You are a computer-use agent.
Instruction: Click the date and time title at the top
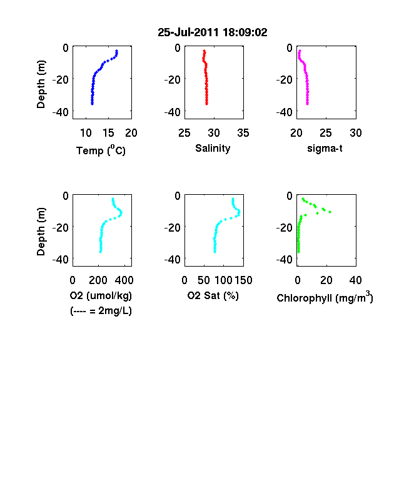tap(213, 32)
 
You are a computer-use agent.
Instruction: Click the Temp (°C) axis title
tap(101, 150)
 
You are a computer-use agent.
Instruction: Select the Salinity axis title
tap(213, 148)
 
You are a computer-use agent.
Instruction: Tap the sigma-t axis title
tap(325, 148)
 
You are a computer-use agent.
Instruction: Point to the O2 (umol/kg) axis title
tap(101, 295)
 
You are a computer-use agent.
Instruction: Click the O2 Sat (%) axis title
tap(213, 295)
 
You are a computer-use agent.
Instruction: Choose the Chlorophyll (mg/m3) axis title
tap(325, 297)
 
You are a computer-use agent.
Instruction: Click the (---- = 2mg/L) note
tap(101, 311)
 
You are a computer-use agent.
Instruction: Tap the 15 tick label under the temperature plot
tap(108, 133)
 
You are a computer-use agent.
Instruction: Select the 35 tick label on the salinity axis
tap(243, 133)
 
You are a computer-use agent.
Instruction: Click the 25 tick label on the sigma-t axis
tap(325, 133)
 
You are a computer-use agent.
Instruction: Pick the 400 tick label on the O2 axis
tap(124, 280)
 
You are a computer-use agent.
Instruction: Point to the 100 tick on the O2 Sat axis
tap(224, 280)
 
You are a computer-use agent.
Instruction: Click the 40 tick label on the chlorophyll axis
tap(355, 280)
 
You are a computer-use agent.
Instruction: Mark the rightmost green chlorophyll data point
tap(330, 212)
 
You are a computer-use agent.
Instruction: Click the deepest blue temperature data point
tap(92, 104)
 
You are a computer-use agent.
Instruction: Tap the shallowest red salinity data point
tap(204, 51)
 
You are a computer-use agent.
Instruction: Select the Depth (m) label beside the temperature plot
tap(41, 84)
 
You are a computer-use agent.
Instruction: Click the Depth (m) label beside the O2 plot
tap(41, 232)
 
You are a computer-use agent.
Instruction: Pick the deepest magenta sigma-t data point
tap(307, 104)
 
